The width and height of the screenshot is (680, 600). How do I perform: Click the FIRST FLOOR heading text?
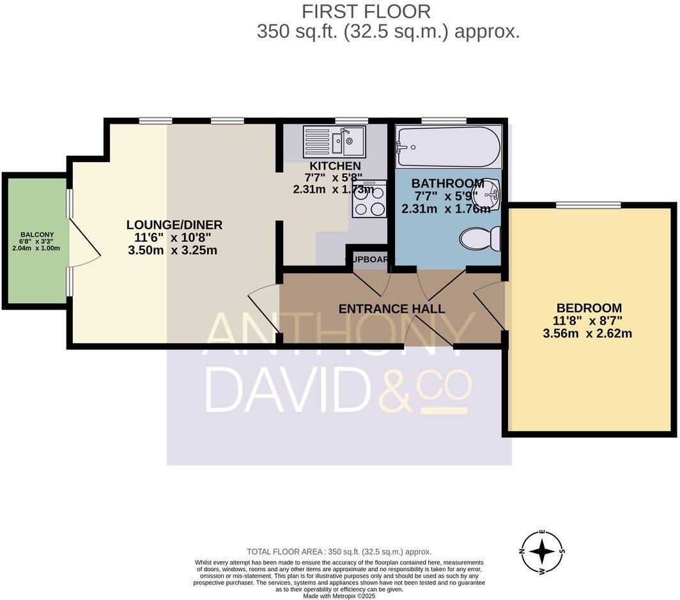(x=366, y=11)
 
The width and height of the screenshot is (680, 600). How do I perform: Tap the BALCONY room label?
(x=36, y=234)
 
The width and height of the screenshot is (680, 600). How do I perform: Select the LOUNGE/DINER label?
(x=174, y=225)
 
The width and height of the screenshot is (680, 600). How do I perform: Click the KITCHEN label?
(x=332, y=167)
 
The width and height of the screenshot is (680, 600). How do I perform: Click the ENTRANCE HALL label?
(x=391, y=309)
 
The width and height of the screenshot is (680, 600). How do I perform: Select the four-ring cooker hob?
(x=369, y=200)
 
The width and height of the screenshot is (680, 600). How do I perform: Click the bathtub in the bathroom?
(x=448, y=147)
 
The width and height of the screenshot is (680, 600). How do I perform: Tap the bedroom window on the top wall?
(x=588, y=205)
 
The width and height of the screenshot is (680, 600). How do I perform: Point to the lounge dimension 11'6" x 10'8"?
(x=174, y=237)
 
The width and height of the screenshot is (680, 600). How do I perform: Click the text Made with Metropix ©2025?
(x=339, y=596)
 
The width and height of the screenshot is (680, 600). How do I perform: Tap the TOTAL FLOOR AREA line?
(x=339, y=551)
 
